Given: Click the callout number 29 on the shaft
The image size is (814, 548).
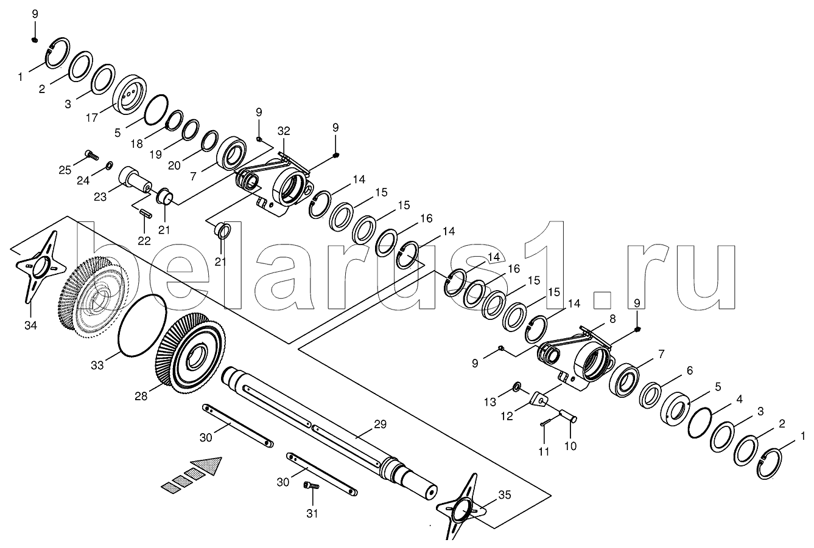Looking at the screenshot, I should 380,425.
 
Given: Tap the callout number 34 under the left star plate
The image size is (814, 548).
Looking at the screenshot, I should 30,325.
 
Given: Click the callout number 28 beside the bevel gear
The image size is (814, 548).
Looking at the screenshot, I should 141,396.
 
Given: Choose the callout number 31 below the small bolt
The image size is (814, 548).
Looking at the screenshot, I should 312,512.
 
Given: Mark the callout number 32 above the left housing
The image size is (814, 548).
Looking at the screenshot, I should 284,131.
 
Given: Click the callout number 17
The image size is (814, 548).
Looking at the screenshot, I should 91,118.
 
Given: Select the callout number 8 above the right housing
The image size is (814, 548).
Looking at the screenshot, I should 612,318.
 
